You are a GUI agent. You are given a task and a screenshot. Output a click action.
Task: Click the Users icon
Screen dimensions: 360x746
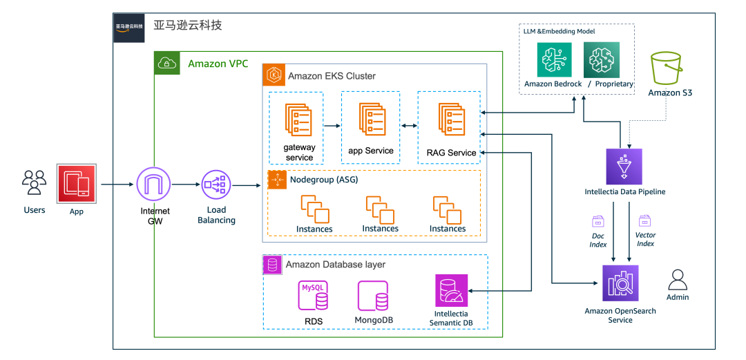tap(35, 183)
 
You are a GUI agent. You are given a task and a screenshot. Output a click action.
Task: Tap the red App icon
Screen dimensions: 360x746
tap(76, 183)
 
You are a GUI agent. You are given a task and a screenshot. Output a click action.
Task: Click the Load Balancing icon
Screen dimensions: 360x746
tap(216, 184)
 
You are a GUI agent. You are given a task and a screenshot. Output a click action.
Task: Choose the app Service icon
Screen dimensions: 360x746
tap(371, 120)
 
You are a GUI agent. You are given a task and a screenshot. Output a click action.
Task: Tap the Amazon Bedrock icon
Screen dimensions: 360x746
tap(555, 59)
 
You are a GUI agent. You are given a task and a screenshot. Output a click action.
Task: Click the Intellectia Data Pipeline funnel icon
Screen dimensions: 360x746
tap(624, 167)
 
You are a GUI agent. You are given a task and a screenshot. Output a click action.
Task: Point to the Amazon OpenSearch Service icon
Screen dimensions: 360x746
tap(620, 283)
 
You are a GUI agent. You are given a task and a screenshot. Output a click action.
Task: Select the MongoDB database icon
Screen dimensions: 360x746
tap(373, 296)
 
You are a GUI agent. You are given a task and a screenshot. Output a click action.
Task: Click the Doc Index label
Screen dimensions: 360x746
tap(598, 240)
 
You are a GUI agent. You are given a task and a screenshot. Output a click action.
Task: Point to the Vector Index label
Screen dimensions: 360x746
tap(645, 239)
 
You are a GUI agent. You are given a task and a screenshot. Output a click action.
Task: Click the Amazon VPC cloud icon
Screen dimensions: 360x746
tap(166, 64)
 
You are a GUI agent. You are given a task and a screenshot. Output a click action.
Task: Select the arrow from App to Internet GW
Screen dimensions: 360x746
tap(117, 184)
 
